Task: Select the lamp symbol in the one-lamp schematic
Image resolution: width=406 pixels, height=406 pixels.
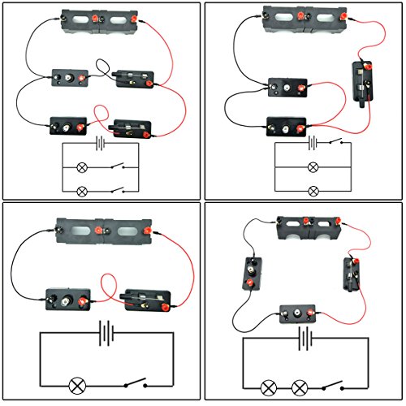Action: (x=79, y=382)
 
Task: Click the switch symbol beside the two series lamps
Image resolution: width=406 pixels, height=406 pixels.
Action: (x=333, y=383)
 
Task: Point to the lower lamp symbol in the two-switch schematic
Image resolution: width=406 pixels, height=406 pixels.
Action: (x=81, y=192)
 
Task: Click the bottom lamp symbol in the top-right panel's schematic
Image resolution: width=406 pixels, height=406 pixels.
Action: (x=313, y=191)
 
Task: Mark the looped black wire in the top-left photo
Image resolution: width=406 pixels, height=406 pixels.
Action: (x=101, y=67)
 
